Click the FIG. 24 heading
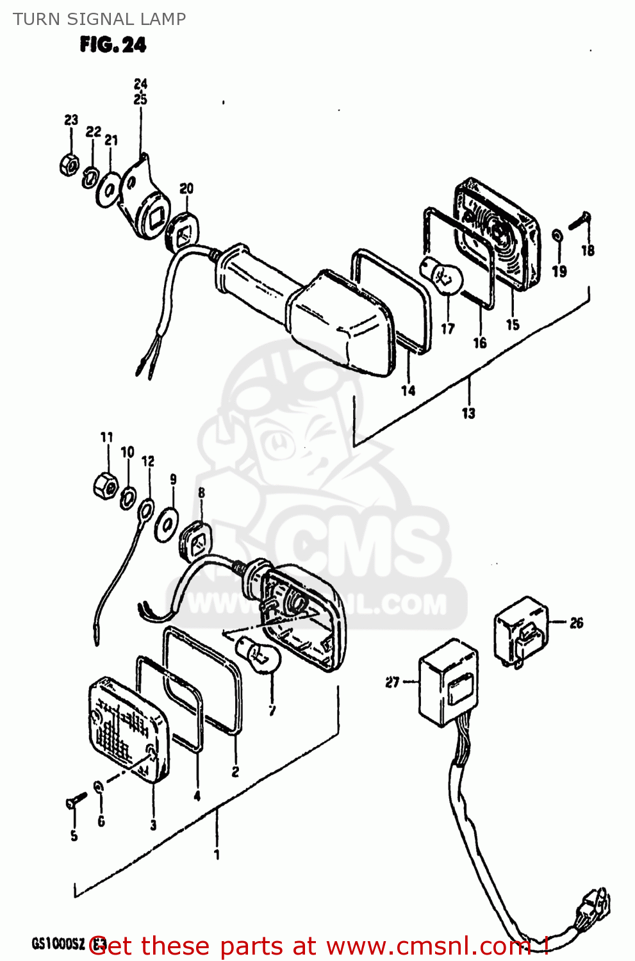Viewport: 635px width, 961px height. point(113,45)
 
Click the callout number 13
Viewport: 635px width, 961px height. point(468,413)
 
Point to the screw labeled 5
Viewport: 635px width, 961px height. point(76,800)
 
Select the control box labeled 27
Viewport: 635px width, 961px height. point(449,682)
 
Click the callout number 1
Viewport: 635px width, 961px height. point(217,855)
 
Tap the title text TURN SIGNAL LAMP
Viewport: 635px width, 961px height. point(99,19)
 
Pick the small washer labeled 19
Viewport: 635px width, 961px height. point(557,236)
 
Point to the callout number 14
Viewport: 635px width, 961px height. point(408,390)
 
